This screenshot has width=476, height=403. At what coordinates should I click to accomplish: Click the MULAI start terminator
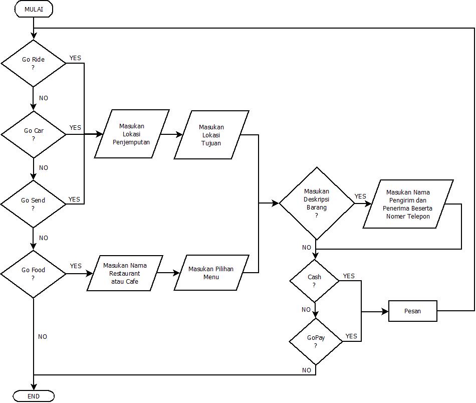[x=34, y=9]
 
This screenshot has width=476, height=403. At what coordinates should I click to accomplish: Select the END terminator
[x=34, y=396]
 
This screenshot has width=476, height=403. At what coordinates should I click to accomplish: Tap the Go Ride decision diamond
[x=34, y=63]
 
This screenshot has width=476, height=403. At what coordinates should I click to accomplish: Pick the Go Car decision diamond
[x=34, y=134]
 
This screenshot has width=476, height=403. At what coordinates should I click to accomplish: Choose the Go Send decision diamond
[x=34, y=204]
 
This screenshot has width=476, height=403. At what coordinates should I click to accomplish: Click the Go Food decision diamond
[x=34, y=274]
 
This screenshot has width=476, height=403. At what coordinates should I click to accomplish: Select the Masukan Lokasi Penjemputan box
[x=132, y=134]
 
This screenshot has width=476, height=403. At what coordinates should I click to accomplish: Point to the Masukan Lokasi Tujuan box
[x=211, y=135]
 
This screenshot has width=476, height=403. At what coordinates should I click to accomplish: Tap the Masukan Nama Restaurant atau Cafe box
[x=125, y=273]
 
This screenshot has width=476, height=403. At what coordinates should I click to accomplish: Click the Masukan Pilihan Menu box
[x=211, y=273]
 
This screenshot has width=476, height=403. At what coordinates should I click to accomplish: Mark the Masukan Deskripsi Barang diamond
[x=317, y=204]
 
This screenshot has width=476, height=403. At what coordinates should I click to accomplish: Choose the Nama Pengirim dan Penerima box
[x=408, y=204]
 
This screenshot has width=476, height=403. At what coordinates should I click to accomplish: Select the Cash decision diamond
[x=315, y=281]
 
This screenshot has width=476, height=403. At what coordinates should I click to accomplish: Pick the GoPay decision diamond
[x=316, y=341]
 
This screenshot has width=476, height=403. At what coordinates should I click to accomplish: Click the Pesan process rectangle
[x=413, y=311]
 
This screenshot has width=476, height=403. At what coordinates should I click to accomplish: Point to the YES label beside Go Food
[x=76, y=266]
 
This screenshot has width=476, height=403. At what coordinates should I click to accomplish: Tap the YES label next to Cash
[x=349, y=276]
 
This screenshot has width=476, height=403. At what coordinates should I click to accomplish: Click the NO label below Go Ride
[x=44, y=98]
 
